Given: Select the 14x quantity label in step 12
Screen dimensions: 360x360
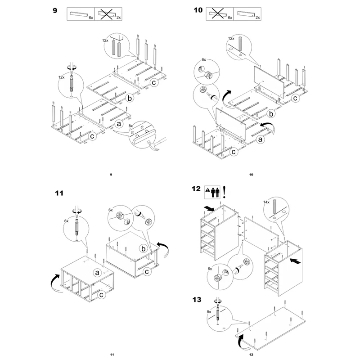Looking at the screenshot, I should (266, 202).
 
